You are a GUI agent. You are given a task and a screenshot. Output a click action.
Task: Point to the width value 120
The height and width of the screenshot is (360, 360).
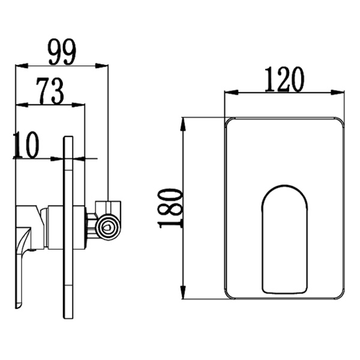click(x=284, y=80)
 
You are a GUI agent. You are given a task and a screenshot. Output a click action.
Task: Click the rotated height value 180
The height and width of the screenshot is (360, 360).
click(x=170, y=207)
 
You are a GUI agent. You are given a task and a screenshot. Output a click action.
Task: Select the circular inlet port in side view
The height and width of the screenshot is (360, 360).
click(x=109, y=226)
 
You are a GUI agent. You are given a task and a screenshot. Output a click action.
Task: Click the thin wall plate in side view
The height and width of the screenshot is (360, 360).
click(x=68, y=228)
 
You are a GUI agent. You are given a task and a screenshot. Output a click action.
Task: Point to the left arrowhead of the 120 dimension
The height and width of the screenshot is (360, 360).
click(x=228, y=92)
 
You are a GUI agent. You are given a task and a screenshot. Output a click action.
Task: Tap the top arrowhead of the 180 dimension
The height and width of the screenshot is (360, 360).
click(x=182, y=122)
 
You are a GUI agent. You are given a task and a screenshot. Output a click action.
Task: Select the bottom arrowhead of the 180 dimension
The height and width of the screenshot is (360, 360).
click(x=182, y=295)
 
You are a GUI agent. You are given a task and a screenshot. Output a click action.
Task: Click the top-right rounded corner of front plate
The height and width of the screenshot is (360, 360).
click(x=340, y=122)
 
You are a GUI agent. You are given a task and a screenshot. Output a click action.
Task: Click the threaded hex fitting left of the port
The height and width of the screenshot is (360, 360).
click(x=92, y=226)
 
